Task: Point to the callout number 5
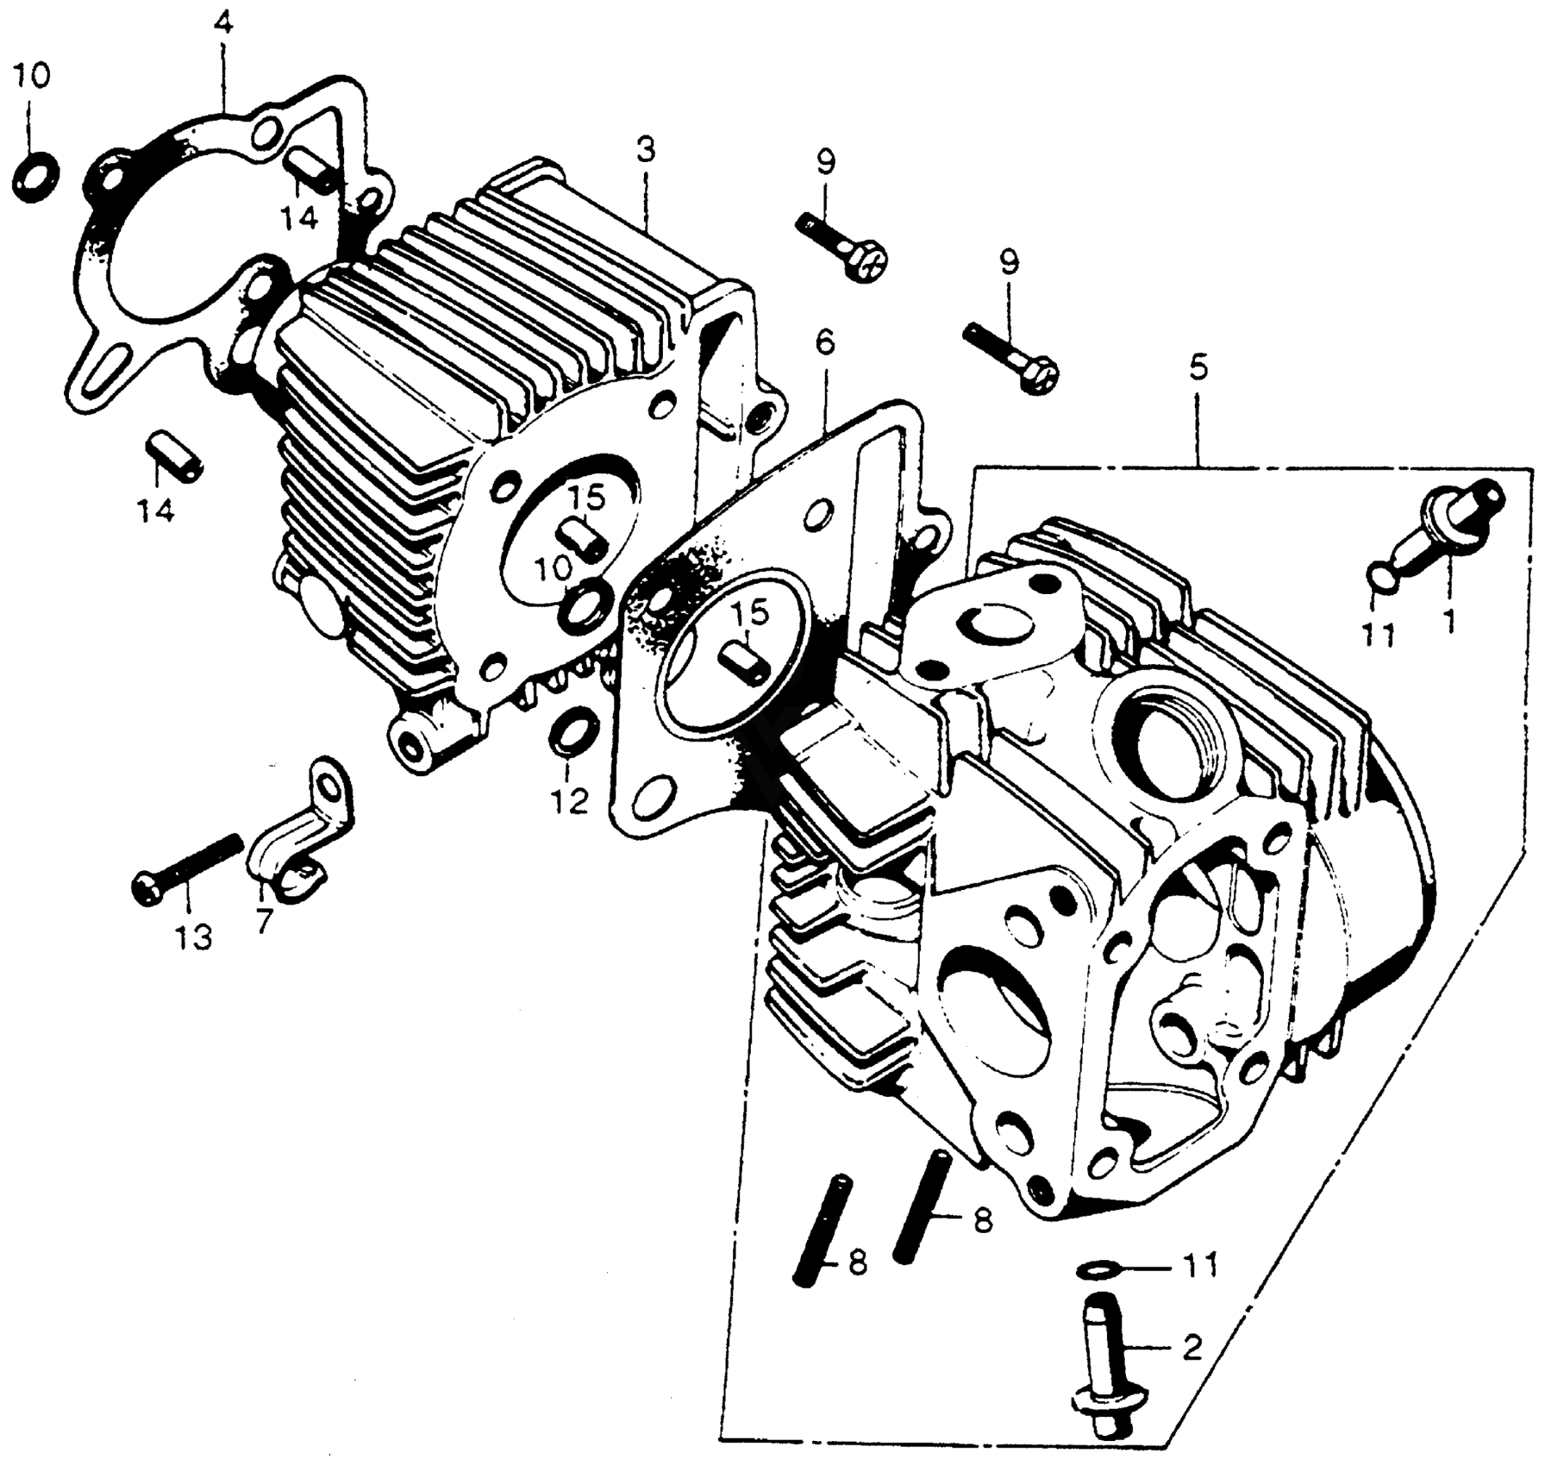point(1198,369)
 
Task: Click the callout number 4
point(222,24)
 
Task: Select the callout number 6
point(824,343)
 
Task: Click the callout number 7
point(264,921)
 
